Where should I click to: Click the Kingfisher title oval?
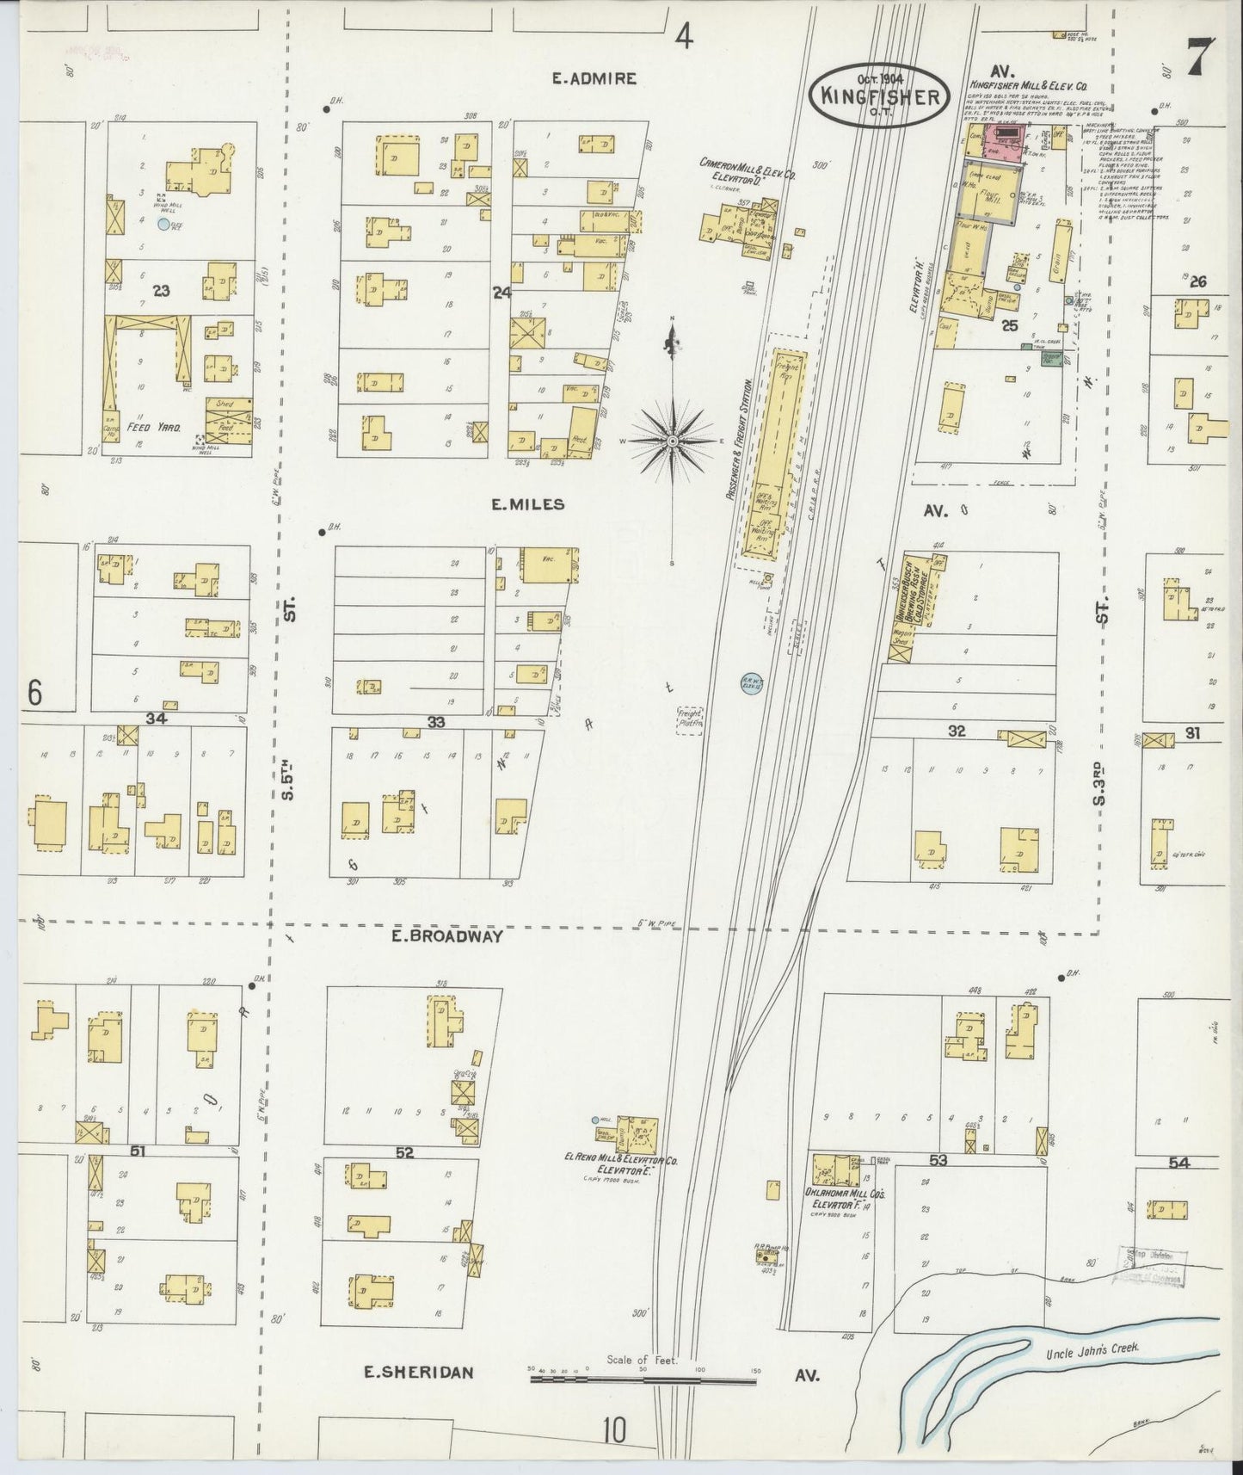tap(879, 96)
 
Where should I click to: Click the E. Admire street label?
tap(594, 78)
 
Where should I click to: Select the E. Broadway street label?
tap(446, 936)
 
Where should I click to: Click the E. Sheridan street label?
tap(419, 1372)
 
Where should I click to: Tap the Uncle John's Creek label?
tap(1092, 1348)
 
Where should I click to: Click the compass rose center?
tap(672, 441)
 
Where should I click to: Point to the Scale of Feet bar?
tap(643, 1379)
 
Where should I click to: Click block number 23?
tap(161, 291)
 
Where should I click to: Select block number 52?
tap(404, 1151)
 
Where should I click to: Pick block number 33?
tap(436, 722)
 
